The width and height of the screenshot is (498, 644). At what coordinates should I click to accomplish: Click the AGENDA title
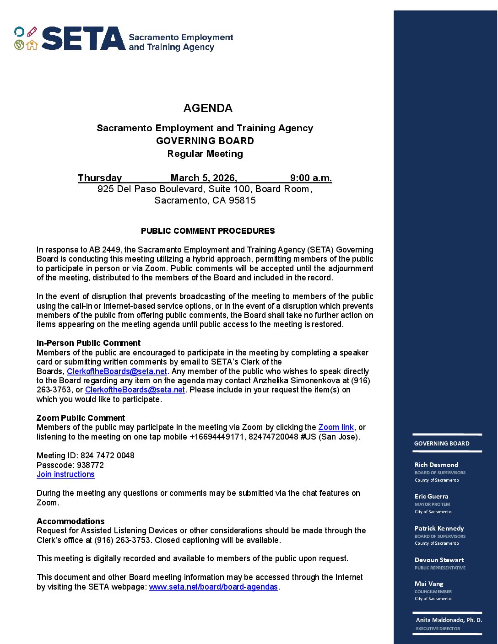pos(208,108)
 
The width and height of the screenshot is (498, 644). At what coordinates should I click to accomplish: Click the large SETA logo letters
pos(83,38)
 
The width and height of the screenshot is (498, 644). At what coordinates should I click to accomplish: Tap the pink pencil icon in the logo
pos(32,32)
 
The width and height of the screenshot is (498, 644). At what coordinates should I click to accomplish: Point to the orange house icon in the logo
pos(32,45)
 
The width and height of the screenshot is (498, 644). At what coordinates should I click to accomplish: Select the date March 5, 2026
pos(204,178)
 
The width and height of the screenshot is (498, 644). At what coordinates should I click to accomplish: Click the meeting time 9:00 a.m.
pos(311,178)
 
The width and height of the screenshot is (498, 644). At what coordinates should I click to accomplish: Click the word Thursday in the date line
pos(100,178)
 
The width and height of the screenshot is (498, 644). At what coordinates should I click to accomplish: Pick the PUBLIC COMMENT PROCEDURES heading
pos(208,231)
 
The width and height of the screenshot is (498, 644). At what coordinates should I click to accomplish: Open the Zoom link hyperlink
pos(336,427)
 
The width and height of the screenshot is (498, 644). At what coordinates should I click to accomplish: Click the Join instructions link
pos(65,474)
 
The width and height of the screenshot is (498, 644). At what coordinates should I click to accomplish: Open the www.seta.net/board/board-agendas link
pos(213,587)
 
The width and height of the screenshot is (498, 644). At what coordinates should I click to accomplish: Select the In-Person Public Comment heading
pos(88,343)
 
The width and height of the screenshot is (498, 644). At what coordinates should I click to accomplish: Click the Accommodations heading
pos(70,521)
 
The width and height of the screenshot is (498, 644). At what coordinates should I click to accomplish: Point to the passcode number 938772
pos(90,465)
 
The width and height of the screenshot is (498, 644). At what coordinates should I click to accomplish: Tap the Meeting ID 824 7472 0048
pos(107,456)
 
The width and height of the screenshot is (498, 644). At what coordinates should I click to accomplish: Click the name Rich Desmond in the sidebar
pos(436,465)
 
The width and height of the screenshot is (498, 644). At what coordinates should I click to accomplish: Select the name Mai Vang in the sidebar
pos(429,584)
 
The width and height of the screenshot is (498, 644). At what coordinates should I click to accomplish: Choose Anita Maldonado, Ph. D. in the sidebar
pos(449,620)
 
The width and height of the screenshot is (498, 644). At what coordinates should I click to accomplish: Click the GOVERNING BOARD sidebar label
pos(442,443)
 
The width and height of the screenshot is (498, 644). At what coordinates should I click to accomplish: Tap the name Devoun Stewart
pos(439,560)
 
